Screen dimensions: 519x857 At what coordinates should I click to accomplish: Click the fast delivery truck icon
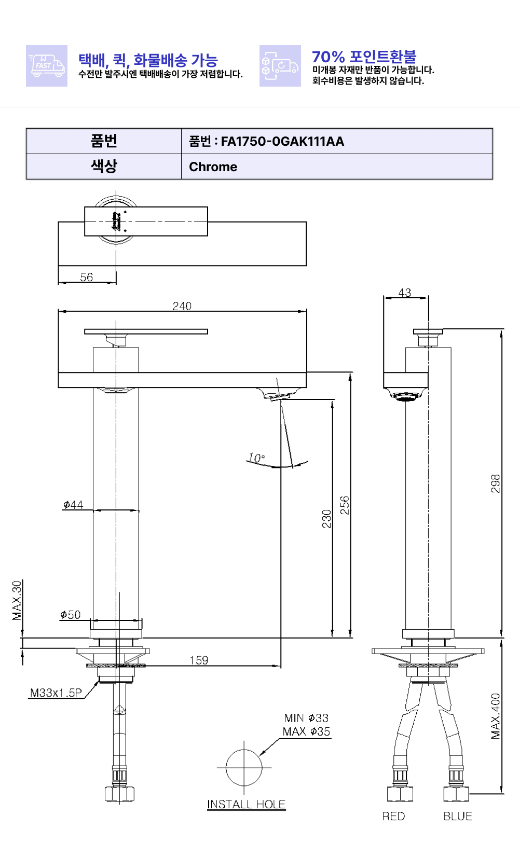(47, 66)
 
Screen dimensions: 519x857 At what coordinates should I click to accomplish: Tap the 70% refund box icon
(280, 66)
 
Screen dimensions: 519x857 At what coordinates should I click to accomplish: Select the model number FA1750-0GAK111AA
(282, 142)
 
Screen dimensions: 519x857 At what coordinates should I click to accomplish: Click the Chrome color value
(213, 167)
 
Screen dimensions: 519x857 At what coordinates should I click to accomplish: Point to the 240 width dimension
(182, 306)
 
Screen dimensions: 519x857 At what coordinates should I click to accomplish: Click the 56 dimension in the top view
(87, 277)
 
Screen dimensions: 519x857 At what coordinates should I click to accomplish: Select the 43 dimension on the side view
(404, 293)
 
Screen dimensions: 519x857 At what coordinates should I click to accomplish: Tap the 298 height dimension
(496, 483)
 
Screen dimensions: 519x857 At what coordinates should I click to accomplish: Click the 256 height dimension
(345, 505)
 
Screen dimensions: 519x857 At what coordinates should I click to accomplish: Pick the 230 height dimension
(326, 519)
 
